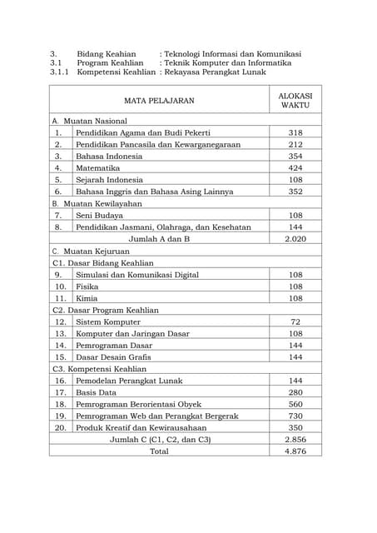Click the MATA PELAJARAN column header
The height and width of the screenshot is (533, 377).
pos(159,101)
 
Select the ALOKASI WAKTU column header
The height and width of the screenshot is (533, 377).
pos(295,101)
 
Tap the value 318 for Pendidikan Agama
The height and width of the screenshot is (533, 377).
pos(295,132)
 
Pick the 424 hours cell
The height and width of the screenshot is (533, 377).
pos(295,167)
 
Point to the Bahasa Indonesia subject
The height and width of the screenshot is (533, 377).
pos(109,156)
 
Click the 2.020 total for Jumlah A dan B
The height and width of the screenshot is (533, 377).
pos(295,238)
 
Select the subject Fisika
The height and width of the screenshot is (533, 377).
pos(87,286)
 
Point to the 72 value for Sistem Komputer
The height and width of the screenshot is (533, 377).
pos(295,321)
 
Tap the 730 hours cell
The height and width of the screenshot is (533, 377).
pos(295,416)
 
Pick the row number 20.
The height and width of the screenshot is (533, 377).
pos(60,427)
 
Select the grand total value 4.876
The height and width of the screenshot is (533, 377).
pos(295,451)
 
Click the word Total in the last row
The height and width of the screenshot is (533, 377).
pos(159,451)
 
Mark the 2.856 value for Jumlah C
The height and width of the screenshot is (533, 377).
pos(295,439)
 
